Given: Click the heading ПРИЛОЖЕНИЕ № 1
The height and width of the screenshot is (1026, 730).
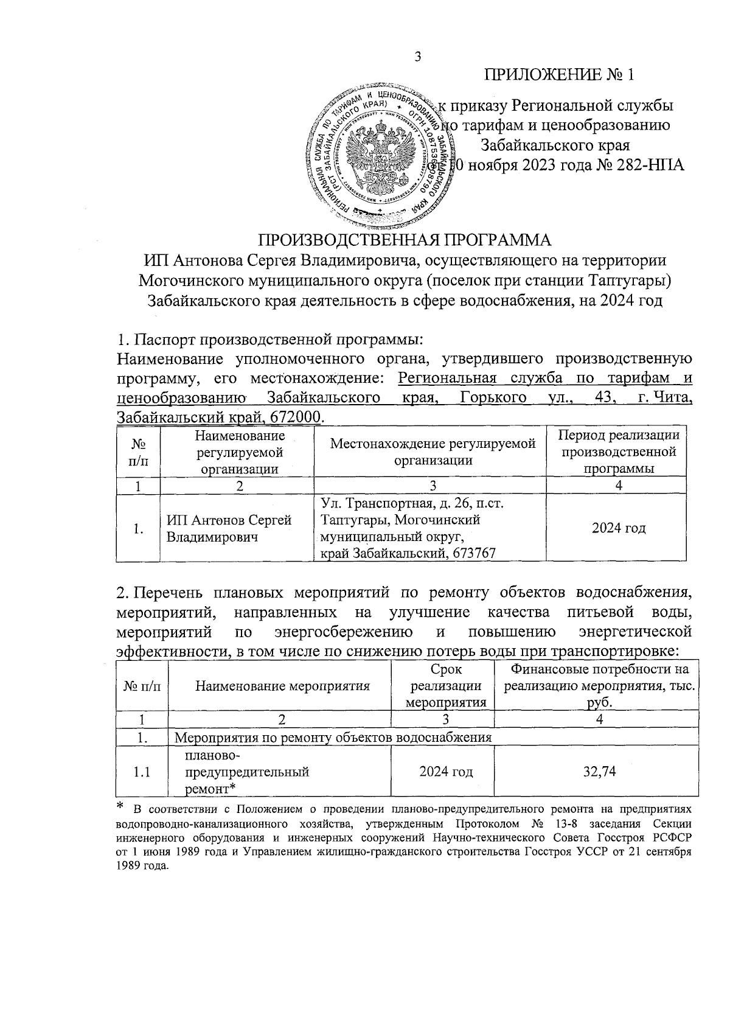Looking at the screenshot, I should (x=559, y=75).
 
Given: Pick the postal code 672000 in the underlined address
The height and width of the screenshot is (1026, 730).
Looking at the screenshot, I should (x=300, y=417).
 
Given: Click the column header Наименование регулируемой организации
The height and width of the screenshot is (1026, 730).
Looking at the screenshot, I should (x=240, y=452).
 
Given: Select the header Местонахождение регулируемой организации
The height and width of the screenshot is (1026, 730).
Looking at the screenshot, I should (x=433, y=452).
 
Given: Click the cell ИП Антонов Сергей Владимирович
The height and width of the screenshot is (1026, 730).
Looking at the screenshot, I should (x=229, y=529).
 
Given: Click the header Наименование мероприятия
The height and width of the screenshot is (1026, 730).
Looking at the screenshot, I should (x=283, y=686).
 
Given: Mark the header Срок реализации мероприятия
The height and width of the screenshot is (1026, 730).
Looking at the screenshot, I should (x=445, y=686).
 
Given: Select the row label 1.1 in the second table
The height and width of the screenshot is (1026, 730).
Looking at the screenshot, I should (x=142, y=772).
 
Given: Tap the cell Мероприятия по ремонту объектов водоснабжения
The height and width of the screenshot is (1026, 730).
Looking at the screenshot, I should (x=333, y=738).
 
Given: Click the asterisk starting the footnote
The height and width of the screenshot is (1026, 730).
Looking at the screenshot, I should (x=120, y=807).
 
